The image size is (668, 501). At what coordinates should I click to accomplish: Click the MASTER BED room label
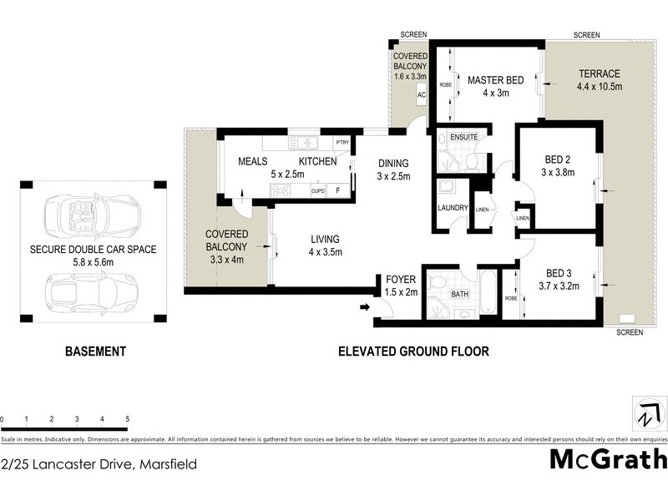(x=495, y=80)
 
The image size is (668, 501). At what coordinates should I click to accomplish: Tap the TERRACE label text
(x=600, y=73)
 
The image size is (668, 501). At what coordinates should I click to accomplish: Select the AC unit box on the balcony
(x=421, y=96)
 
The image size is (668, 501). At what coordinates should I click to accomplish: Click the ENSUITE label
(x=463, y=136)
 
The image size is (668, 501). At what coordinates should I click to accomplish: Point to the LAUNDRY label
(x=452, y=208)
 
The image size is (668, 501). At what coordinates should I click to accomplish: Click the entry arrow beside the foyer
(x=364, y=307)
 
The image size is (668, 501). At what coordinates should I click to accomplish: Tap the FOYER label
(x=394, y=280)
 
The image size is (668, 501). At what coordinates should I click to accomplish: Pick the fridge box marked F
(x=337, y=190)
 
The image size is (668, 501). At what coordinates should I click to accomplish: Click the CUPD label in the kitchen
(x=318, y=190)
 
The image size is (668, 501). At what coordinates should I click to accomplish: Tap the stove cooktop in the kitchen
(x=278, y=190)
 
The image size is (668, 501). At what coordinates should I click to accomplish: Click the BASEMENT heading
(x=95, y=352)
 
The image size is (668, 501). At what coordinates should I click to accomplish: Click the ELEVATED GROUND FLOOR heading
(x=412, y=352)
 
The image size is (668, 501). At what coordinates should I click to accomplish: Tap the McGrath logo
(x=608, y=459)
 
